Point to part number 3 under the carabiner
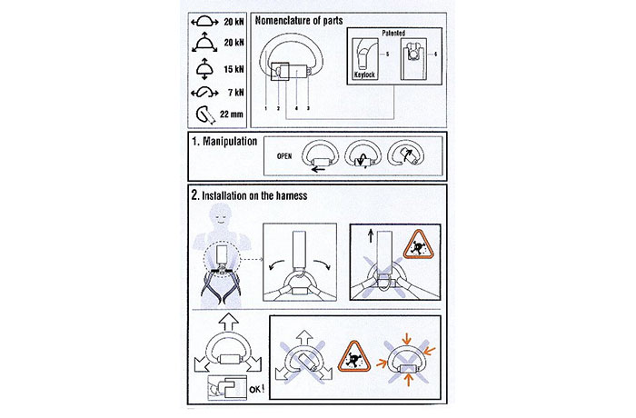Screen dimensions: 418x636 [x=307, y=108]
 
